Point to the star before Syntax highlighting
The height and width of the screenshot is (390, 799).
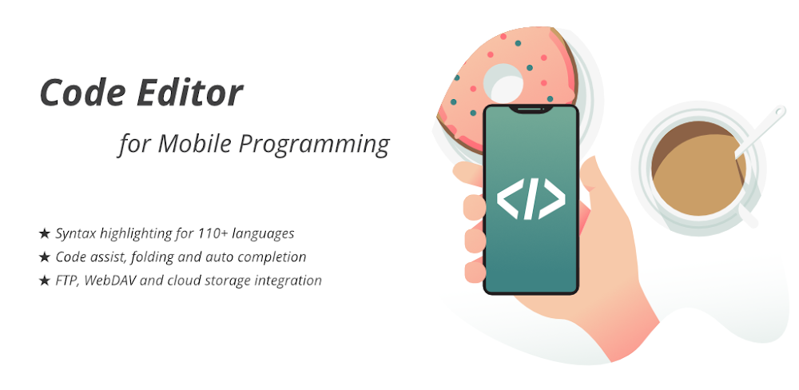44,234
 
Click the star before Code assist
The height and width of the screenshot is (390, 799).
44,257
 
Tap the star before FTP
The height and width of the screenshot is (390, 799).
44,281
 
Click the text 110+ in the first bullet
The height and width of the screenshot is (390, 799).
203,234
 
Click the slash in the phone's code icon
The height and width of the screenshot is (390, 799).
531,201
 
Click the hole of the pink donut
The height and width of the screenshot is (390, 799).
505,82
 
